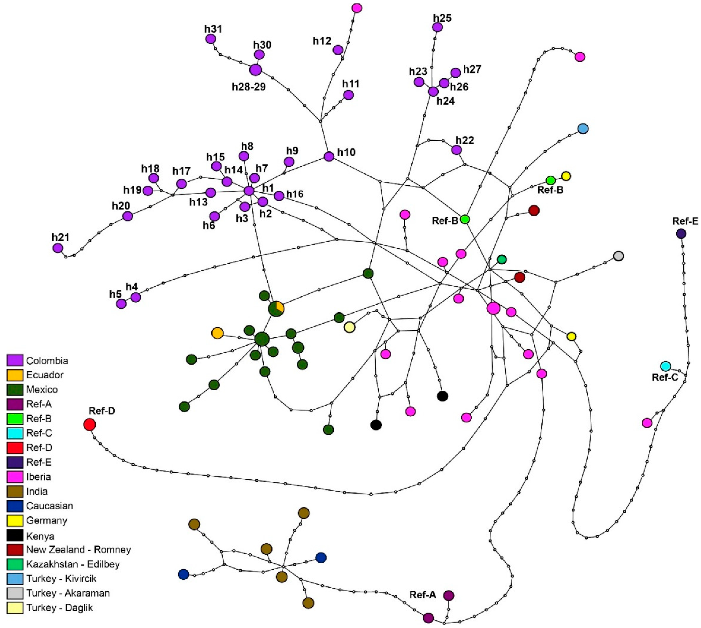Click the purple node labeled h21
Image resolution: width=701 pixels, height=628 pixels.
click(x=58, y=248)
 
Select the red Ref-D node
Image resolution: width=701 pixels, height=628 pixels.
click(x=89, y=424)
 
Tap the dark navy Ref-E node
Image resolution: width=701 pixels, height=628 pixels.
click(x=681, y=234)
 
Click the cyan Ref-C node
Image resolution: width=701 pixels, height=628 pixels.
click(x=665, y=366)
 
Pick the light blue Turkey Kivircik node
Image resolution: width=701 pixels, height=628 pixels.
click(x=583, y=129)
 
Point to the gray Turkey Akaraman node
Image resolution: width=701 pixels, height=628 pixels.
click(x=619, y=256)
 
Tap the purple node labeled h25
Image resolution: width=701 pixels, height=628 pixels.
click(x=437, y=27)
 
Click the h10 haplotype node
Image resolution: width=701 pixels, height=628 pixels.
click(x=329, y=156)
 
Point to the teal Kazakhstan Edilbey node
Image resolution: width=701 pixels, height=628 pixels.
click(x=502, y=259)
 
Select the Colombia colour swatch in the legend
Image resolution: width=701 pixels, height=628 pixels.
click(x=15, y=360)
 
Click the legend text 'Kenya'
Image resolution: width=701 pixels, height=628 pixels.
click(x=40, y=536)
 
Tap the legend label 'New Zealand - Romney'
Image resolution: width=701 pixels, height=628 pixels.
click(x=78, y=550)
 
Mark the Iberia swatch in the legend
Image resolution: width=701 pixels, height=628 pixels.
click(x=15, y=477)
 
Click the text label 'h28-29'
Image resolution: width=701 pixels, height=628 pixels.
click(x=249, y=87)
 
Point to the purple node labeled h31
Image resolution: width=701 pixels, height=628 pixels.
click(x=211, y=39)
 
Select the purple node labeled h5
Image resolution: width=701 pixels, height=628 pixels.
click(x=121, y=304)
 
